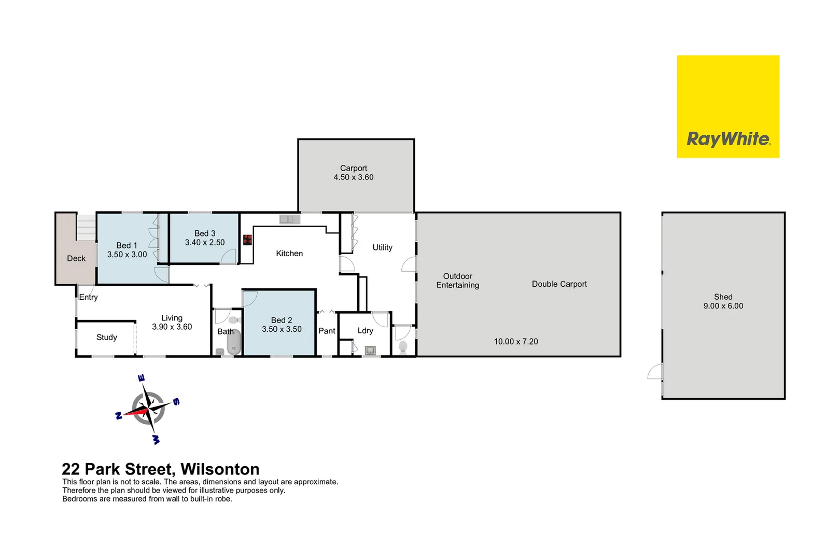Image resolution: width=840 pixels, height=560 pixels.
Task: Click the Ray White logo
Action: point(728,107)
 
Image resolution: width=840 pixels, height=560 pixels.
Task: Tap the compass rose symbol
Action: point(148,409)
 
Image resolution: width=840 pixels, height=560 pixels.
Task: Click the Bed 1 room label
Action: point(127,245)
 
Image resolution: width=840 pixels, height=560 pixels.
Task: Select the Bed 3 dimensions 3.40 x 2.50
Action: point(205,243)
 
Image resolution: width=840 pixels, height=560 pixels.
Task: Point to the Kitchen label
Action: point(289,254)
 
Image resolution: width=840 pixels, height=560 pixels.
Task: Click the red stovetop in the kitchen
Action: point(248,240)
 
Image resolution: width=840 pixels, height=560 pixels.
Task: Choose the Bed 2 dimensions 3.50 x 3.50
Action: point(282,329)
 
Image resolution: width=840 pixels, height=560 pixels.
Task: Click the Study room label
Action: point(107,338)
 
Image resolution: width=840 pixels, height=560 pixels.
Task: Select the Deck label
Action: point(76,258)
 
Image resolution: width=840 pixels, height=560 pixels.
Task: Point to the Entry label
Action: point(89,297)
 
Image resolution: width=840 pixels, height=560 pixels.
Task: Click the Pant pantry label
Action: point(327,331)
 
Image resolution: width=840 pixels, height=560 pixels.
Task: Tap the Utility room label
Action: point(383,248)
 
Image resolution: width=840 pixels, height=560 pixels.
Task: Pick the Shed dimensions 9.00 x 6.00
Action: point(723,306)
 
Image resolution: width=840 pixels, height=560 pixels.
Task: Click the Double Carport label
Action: point(559,284)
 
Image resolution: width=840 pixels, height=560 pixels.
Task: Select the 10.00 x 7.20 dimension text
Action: point(516,342)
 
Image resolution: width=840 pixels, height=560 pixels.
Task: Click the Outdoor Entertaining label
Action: point(458,281)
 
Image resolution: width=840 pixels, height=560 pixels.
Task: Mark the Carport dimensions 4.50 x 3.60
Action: point(354,177)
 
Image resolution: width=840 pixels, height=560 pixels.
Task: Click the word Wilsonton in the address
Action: point(220,469)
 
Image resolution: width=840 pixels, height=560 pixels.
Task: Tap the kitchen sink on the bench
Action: point(290,219)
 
